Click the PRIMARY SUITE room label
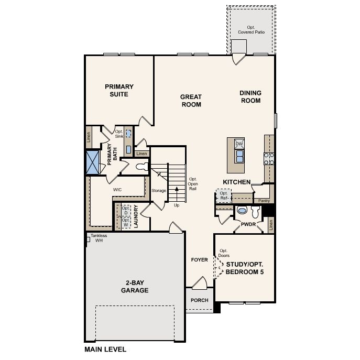click(x=119, y=91)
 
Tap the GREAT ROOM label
click(x=191, y=101)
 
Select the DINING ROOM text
click(x=250, y=96)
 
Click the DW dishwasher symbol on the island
click(x=239, y=144)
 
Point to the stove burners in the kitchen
click(x=269, y=159)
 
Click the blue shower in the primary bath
click(x=93, y=162)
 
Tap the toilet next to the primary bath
click(x=143, y=167)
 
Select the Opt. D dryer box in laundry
click(x=126, y=210)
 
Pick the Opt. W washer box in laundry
click(x=126, y=223)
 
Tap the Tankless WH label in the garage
click(x=99, y=238)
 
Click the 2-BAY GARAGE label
click(x=135, y=287)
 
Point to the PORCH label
click(x=200, y=300)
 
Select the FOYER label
click(x=200, y=260)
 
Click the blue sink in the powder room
click(x=242, y=210)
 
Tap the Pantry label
click(x=264, y=201)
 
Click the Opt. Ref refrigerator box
click(x=224, y=195)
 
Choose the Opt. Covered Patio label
click(x=251, y=30)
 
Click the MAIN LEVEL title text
click(x=105, y=350)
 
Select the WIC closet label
click(x=117, y=190)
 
